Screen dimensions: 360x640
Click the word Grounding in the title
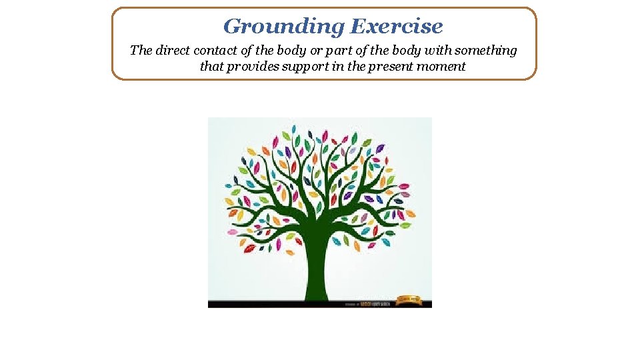point(284,27)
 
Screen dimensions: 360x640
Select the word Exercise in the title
point(396,27)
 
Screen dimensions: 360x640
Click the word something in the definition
point(487,51)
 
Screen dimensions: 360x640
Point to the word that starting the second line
point(211,67)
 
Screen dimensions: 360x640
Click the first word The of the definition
point(141,51)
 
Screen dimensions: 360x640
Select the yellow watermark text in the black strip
point(373,304)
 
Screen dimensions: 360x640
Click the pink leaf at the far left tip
point(232,232)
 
